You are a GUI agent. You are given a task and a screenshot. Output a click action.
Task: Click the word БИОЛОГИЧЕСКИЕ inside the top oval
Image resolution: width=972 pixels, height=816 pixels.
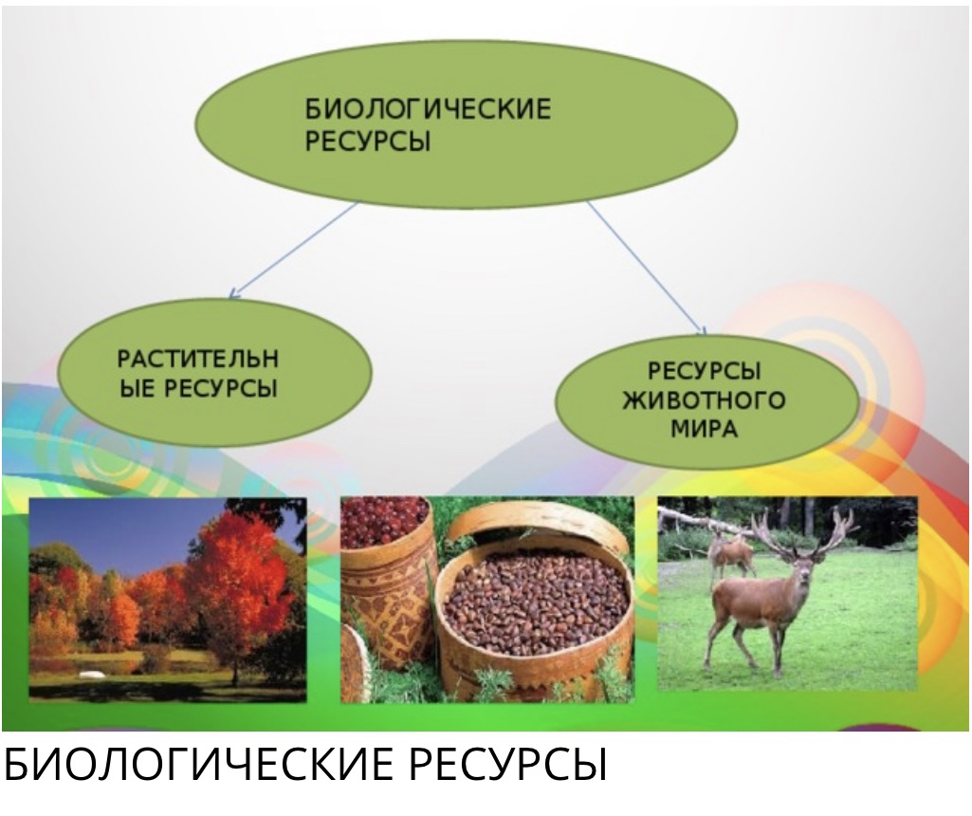pyautogui.click(x=428, y=109)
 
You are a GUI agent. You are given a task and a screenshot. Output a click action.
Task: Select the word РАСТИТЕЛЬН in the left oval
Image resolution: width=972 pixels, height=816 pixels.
pyautogui.click(x=198, y=359)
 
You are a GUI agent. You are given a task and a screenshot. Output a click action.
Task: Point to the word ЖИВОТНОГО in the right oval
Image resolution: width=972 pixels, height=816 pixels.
pyautogui.click(x=704, y=400)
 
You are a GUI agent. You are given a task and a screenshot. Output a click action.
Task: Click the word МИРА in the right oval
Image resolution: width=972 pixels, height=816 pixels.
pyautogui.click(x=705, y=429)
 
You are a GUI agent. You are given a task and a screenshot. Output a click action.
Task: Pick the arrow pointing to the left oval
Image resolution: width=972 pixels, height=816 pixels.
pyautogui.click(x=294, y=250)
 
